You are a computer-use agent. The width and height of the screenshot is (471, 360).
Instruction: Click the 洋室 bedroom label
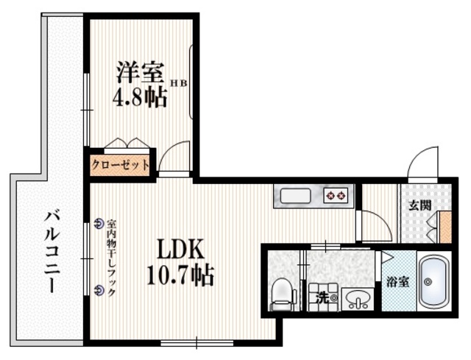tap(139, 74)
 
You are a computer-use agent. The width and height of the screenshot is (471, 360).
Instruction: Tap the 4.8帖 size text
tap(139, 98)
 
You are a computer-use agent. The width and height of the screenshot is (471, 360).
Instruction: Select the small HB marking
tap(180, 84)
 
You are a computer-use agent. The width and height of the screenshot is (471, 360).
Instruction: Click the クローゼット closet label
tap(121, 165)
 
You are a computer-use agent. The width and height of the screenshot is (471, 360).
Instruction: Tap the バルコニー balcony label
tap(52, 251)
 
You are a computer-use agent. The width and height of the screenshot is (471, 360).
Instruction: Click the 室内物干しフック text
tap(112, 257)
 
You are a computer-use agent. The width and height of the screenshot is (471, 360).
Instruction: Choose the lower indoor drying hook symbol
tap(100, 290)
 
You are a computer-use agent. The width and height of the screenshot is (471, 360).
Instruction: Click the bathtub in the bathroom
tap(433, 282)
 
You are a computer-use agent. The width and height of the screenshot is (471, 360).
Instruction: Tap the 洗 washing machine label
tap(322, 298)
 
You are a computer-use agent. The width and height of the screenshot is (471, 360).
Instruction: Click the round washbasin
tap(358, 299)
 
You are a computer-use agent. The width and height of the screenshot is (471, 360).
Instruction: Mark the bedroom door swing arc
tap(174, 157)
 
